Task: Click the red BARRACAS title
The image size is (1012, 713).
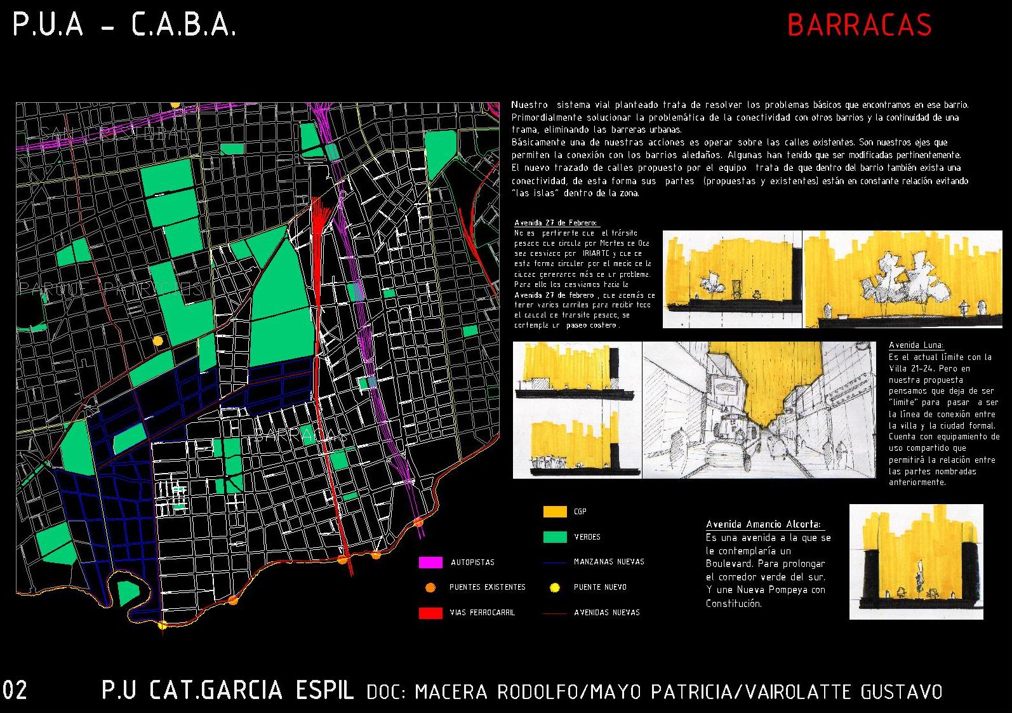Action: pyautogui.click(x=859, y=25)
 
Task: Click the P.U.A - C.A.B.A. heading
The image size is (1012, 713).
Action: pyautogui.click(x=124, y=25)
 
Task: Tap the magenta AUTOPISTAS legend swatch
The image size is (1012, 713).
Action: pyautogui.click(x=430, y=563)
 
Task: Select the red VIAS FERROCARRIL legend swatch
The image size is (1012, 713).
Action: pyautogui.click(x=430, y=613)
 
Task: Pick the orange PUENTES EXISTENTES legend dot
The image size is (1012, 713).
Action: pyautogui.click(x=430, y=588)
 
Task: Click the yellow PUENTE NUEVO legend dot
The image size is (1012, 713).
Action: pyautogui.click(x=555, y=588)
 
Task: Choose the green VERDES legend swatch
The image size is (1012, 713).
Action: pyautogui.click(x=555, y=537)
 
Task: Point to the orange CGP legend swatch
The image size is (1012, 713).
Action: pyautogui.click(x=555, y=512)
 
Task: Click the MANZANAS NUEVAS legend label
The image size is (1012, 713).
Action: pyautogui.click(x=609, y=562)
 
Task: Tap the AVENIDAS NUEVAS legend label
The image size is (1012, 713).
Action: pyautogui.click(x=607, y=613)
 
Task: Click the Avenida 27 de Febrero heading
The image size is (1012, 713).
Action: pyautogui.click(x=556, y=223)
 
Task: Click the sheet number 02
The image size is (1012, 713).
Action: pyautogui.click(x=15, y=691)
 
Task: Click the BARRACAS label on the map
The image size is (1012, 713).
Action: pyautogui.click(x=301, y=435)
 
